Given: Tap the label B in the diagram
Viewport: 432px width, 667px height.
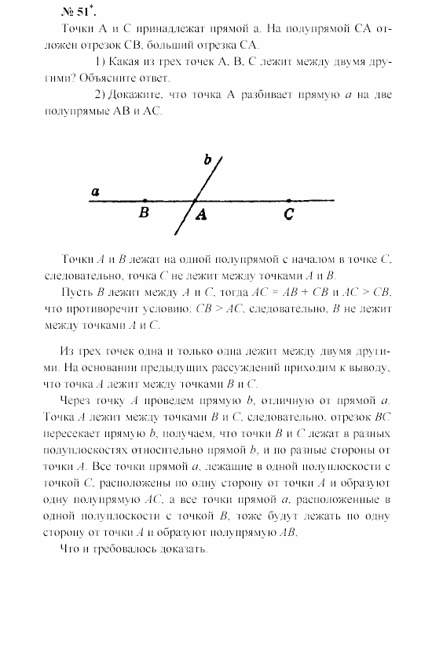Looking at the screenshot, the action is pyautogui.click(x=144, y=213).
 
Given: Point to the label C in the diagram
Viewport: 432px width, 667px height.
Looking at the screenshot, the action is pyautogui.click(x=289, y=213).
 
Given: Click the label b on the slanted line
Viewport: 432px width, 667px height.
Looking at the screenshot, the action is pyautogui.click(x=207, y=160).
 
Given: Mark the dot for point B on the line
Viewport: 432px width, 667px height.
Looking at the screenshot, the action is pyautogui.click(x=145, y=201).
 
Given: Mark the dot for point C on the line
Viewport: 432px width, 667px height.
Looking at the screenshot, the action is pyautogui.click(x=289, y=201).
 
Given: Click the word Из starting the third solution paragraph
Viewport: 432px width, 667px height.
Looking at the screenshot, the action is pyautogui.click(x=66, y=350).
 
